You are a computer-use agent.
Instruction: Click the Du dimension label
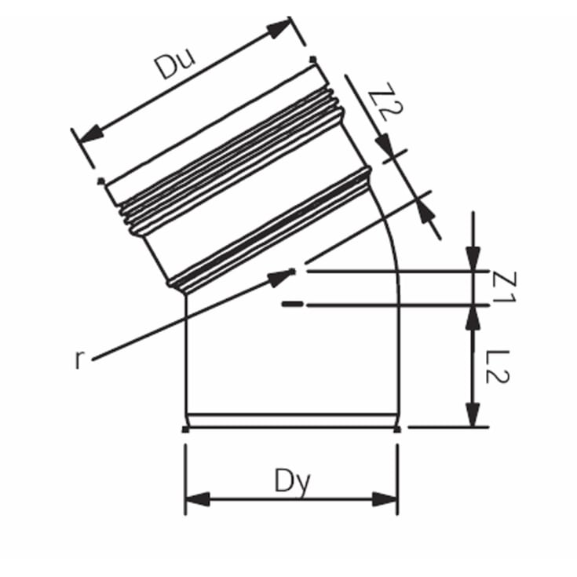[x=175, y=65]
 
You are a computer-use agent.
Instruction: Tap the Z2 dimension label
[x=385, y=102]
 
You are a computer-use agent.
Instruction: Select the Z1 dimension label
[x=503, y=287]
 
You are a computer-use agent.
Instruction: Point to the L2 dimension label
[x=497, y=367]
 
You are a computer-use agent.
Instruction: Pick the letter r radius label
[x=79, y=360]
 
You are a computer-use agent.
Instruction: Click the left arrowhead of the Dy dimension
[x=198, y=500]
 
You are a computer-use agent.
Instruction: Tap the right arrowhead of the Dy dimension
[x=385, y=500]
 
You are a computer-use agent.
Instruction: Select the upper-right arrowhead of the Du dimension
[x=279, y=28]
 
